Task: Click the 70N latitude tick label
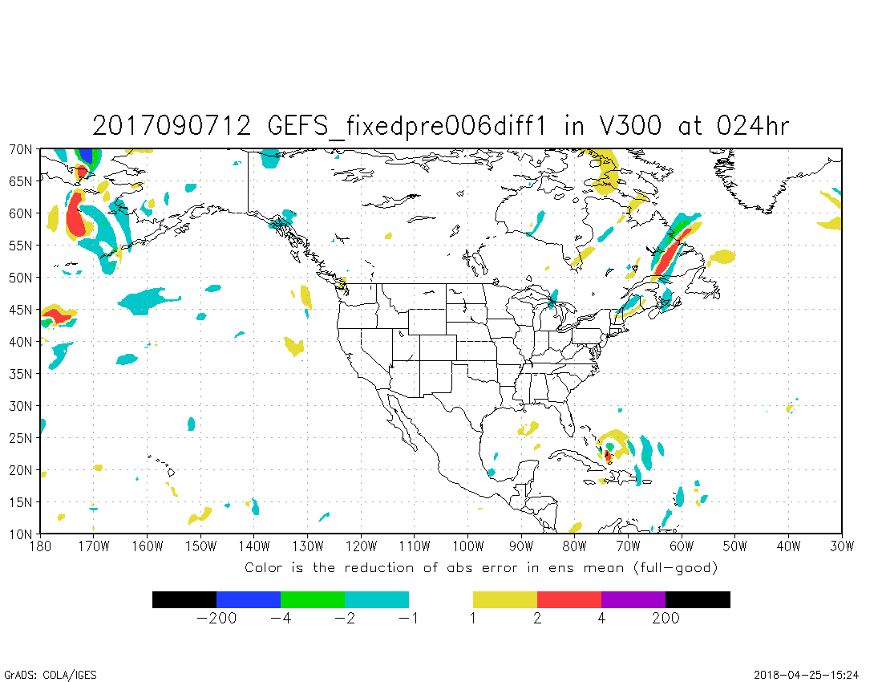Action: point(21,149)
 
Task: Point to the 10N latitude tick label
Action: point(21,534)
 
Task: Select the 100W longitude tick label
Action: point(467,547)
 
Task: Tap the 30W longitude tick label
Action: point(842,547)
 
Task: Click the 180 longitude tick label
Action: point(40,547)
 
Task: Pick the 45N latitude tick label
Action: point(21,310)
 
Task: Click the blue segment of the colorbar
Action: point(249,599)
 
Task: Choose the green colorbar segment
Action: point(313,599)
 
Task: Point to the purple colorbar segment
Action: point(633,599)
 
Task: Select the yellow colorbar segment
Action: point(505,599)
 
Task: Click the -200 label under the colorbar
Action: point(216,619)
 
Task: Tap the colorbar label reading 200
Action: point(666,619)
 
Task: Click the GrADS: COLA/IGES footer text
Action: point(51,675)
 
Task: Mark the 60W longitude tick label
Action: point(682,547)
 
